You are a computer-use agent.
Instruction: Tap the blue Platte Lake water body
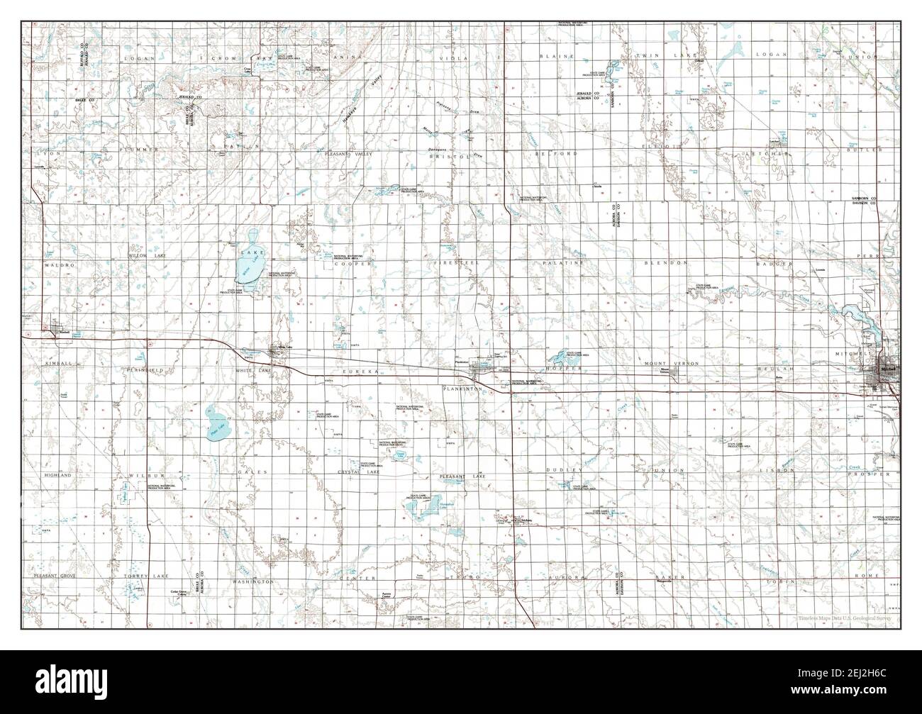point(214,423)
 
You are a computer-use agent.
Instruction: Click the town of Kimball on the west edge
point(55,328)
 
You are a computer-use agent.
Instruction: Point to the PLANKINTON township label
point(463,389)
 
